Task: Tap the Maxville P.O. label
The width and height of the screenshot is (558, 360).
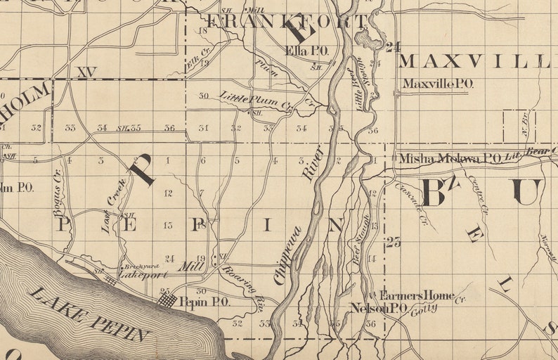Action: pyautogui.click(x=437, y=84)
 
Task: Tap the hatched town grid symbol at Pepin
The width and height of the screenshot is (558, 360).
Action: pyautogui.click(x=167, y=300)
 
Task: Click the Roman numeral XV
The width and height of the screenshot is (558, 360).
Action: pyautogui.click(x=87, y=72)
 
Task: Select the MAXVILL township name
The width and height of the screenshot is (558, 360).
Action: pyautogui.click(x=472, y=61)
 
